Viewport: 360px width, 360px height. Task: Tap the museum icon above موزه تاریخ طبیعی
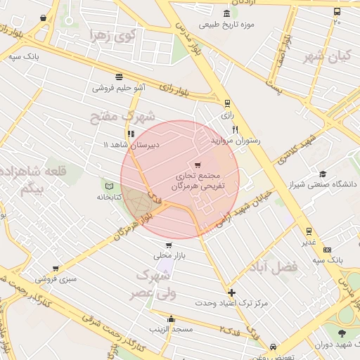coord(226,13)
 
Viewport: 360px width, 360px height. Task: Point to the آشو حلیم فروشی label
coord(119,88)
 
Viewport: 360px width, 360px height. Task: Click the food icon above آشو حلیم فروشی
coord(119,77)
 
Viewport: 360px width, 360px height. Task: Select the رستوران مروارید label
coord(236,141)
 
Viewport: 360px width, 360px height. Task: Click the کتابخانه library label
coord(109,197)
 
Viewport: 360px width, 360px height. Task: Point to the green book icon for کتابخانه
coord(108,186)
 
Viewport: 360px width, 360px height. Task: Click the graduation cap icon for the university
coord(322,174)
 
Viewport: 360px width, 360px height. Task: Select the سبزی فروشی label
coord(56,279)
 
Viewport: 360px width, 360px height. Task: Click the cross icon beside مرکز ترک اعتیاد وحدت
coord(231,292)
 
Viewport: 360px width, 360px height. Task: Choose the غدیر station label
coord(309,243)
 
